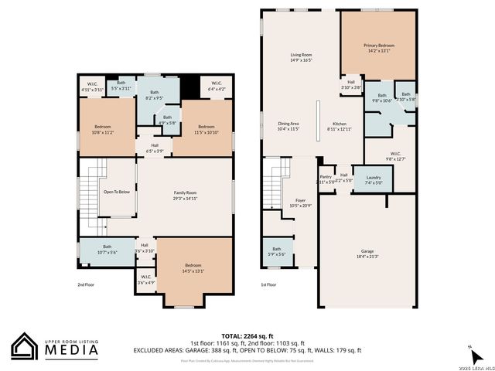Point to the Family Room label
tap(184, 195)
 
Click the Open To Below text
tap(116, 192)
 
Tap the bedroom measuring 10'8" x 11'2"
tap(103, 129)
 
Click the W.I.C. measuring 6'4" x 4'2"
tap(215, 87)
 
